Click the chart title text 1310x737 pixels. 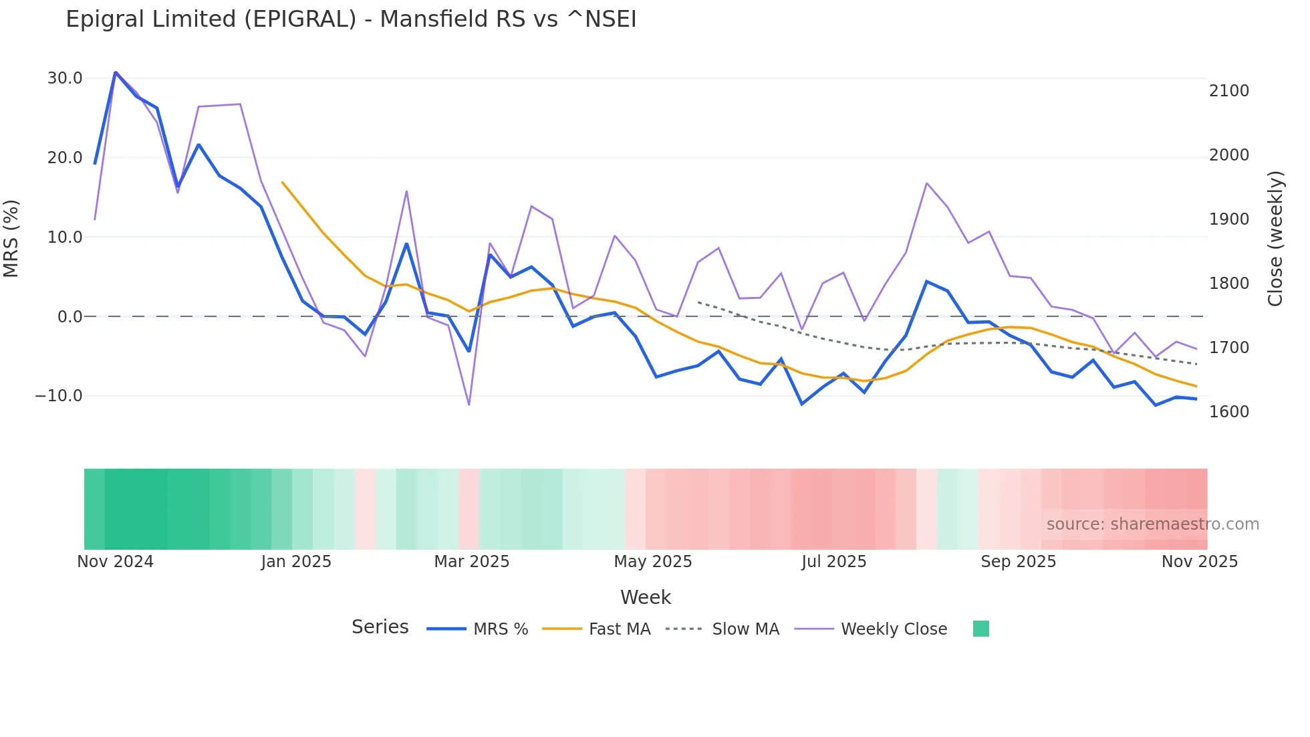351,19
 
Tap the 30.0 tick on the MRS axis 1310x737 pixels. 65,78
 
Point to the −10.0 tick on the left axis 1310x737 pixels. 59,396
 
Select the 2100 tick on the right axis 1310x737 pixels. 1228,91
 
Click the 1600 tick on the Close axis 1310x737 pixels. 1228,412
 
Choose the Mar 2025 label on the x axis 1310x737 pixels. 471,562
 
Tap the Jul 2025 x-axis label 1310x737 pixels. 833,562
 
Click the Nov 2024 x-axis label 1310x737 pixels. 115,562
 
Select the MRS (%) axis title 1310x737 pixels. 11,238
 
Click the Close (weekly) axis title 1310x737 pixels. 1275,239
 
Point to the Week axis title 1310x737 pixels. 645,597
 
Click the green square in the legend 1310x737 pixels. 980,629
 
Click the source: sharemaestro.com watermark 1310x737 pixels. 1152,524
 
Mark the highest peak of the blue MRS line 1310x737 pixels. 116,72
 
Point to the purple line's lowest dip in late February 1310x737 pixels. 469,405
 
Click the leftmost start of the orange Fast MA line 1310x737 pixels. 282,182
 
